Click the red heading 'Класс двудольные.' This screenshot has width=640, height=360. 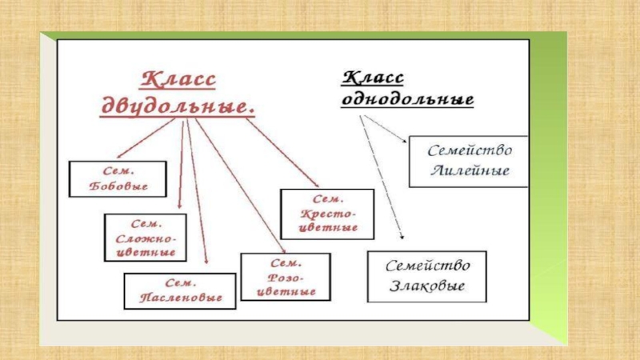[x=178, y=94]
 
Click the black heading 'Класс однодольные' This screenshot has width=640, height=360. [x=408, y=89]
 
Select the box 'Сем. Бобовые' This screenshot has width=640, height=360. [x=118, y=179]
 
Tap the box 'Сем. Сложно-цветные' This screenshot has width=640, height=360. [x=145, y=237]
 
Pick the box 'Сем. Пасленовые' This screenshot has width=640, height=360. [x=180, y=290]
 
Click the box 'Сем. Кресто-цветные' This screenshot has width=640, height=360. [x=327, y=213]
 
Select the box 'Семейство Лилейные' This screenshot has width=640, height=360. [x=469, y=162]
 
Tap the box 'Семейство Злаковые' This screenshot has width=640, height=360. [x=426, y=277]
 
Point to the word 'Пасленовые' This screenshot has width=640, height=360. [x=180, y=298]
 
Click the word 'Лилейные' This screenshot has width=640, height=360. [x=469, y=170]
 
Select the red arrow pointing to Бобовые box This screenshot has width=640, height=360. [x=148, y=139]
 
